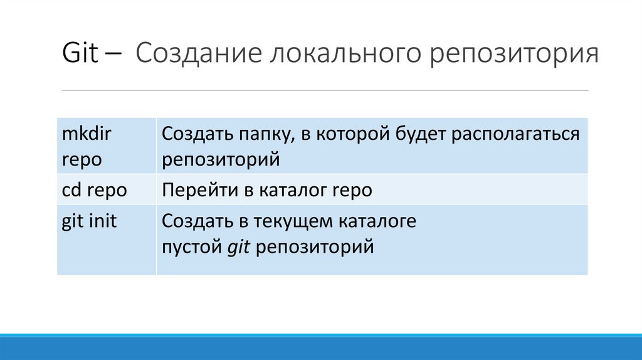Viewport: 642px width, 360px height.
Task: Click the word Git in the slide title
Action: pos(80,54)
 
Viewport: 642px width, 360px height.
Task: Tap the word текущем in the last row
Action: pos(294,222)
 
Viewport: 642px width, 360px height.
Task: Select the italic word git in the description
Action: pos(239,247)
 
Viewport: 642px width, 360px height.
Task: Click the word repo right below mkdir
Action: pos(82,159)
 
